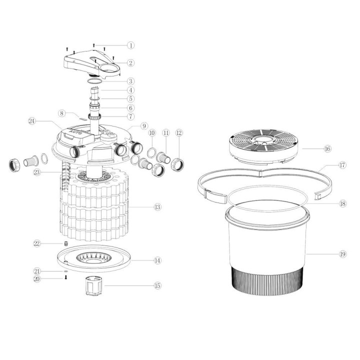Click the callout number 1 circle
click(131, 45)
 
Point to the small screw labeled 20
click(65, 277)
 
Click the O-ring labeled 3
click(94, 80)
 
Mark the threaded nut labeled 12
click(178, 163)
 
